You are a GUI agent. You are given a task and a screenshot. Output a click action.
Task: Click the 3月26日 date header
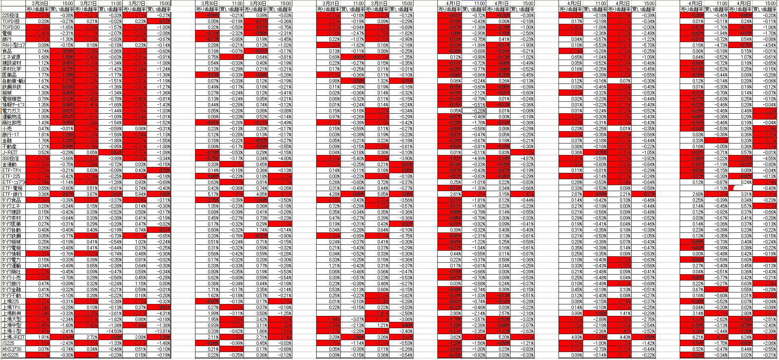pos(39,3)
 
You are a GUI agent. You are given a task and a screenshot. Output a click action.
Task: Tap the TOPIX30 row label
pos(11,27)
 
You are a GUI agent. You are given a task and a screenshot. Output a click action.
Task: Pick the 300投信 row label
pos(11,159)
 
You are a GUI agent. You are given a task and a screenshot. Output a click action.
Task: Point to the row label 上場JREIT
pos(13,337)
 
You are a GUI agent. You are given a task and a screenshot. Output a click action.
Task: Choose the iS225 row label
pos(8,343)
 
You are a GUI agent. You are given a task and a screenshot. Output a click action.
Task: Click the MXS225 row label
pos(10,355)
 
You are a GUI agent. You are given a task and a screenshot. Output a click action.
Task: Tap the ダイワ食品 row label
pos(12,200)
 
